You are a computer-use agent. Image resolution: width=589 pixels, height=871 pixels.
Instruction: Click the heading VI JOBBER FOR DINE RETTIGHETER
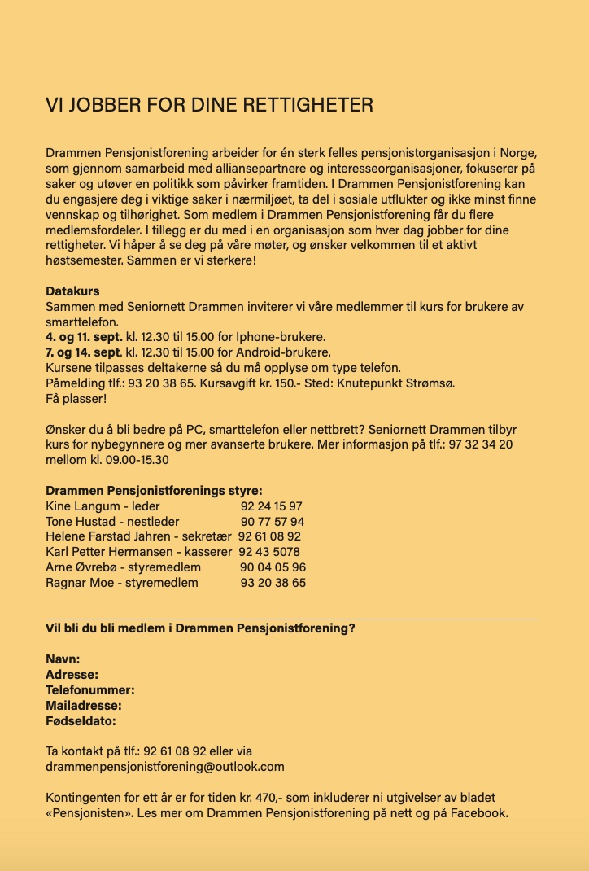210,106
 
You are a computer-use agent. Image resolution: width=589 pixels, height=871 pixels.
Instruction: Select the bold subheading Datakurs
72,291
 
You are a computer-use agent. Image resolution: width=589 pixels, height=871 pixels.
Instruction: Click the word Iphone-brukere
281,337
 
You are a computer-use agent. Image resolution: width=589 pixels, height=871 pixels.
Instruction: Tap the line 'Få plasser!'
76,399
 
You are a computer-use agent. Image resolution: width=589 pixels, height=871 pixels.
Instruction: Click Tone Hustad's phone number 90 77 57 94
273,522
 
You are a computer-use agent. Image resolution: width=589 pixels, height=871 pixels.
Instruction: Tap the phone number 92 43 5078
268,553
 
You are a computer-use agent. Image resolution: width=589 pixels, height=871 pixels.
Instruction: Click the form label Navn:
63,659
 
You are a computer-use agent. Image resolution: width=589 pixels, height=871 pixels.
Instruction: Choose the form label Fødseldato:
81,720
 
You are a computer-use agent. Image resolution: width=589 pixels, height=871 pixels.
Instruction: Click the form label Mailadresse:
84,706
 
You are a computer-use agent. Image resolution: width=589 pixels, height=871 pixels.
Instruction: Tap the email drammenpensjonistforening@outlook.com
165,767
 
